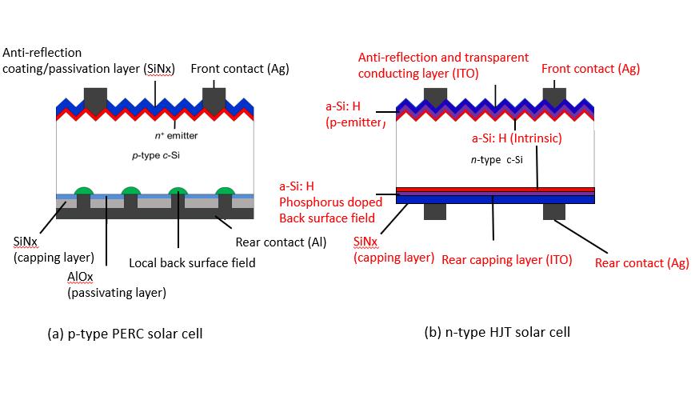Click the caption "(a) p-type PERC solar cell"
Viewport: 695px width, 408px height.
click(x=126, y=333)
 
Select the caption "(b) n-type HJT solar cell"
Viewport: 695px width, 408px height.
click(x=497, y=331)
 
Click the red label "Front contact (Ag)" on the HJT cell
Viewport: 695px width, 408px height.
click(x=590, y=69)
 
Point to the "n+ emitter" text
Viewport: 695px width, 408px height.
click(x=176, y=136)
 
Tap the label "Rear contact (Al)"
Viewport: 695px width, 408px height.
click(x=281, y=242)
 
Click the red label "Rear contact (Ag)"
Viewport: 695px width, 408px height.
click(x=641, y=262)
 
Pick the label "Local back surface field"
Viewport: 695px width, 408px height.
click(x=192, y=262)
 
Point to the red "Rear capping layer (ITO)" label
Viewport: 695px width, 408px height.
click(x=506, y=259)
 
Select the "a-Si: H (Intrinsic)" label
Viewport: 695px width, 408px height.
click(x=516, y=138)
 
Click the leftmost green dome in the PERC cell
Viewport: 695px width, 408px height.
click(x=84, y=190)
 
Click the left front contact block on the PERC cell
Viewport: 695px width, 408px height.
click(x=95, y=98)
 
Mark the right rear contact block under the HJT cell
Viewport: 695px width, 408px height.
click(x=553, y=210)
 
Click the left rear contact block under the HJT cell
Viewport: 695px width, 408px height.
click(x=434, y=210)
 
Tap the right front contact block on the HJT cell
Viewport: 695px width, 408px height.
click(x=553, y=97)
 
